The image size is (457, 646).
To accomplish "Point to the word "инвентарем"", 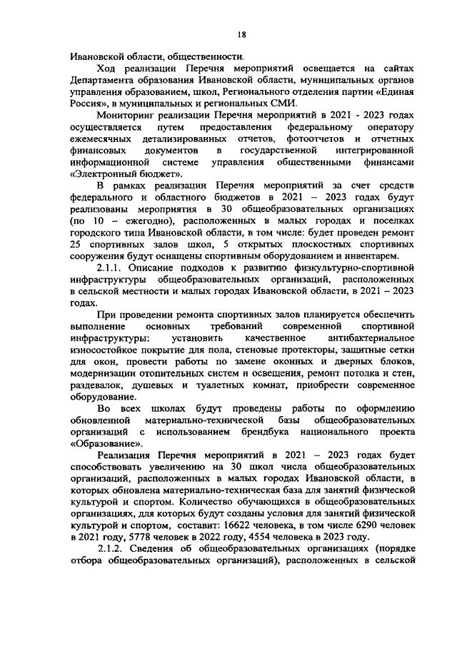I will [376, 257].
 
